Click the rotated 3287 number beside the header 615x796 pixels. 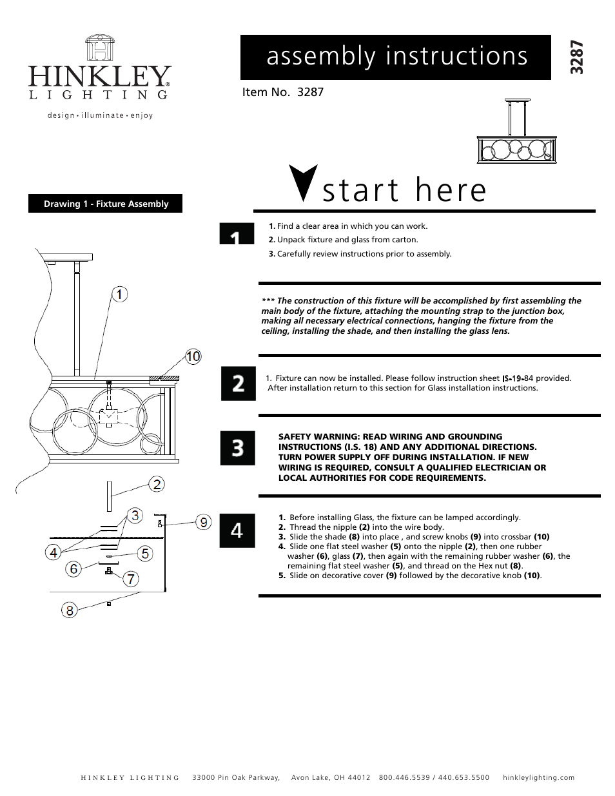coord(577,57)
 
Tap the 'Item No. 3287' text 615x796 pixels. coord(282,92)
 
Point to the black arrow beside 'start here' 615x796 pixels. coord(303,184)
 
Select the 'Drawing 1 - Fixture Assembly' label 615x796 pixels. coord(106,204)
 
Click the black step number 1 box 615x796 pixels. coord(237,234)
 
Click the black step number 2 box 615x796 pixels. coord(238,383)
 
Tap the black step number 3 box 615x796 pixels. coord(238,448)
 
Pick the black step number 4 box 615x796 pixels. coord(237,530)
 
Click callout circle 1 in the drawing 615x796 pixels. coord(119,295)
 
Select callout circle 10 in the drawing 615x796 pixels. coord(193,356)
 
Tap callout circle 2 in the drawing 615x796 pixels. coord(157,484)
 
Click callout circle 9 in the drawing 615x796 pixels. coord(204,522)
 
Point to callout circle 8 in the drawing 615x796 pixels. coord(70,610)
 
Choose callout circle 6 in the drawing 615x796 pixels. coord(74,568)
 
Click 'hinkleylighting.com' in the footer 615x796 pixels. coord(538,777)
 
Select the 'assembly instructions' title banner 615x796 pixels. coord(396,57)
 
